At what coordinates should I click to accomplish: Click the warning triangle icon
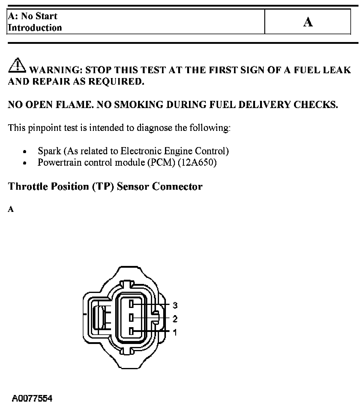17,65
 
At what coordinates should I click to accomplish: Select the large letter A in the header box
308,22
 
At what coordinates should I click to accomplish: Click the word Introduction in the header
35,28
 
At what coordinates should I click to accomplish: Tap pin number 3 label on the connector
175,306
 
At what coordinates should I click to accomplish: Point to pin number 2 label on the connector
175,319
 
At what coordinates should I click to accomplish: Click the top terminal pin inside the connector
131,304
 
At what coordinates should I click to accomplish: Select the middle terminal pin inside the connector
131,318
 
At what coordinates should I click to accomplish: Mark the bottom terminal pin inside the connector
131,331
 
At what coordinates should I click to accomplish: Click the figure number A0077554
32,399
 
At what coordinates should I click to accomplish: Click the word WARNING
56,70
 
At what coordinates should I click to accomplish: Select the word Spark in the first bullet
49,151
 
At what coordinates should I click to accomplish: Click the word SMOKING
138,105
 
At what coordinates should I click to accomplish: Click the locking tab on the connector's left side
98,318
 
